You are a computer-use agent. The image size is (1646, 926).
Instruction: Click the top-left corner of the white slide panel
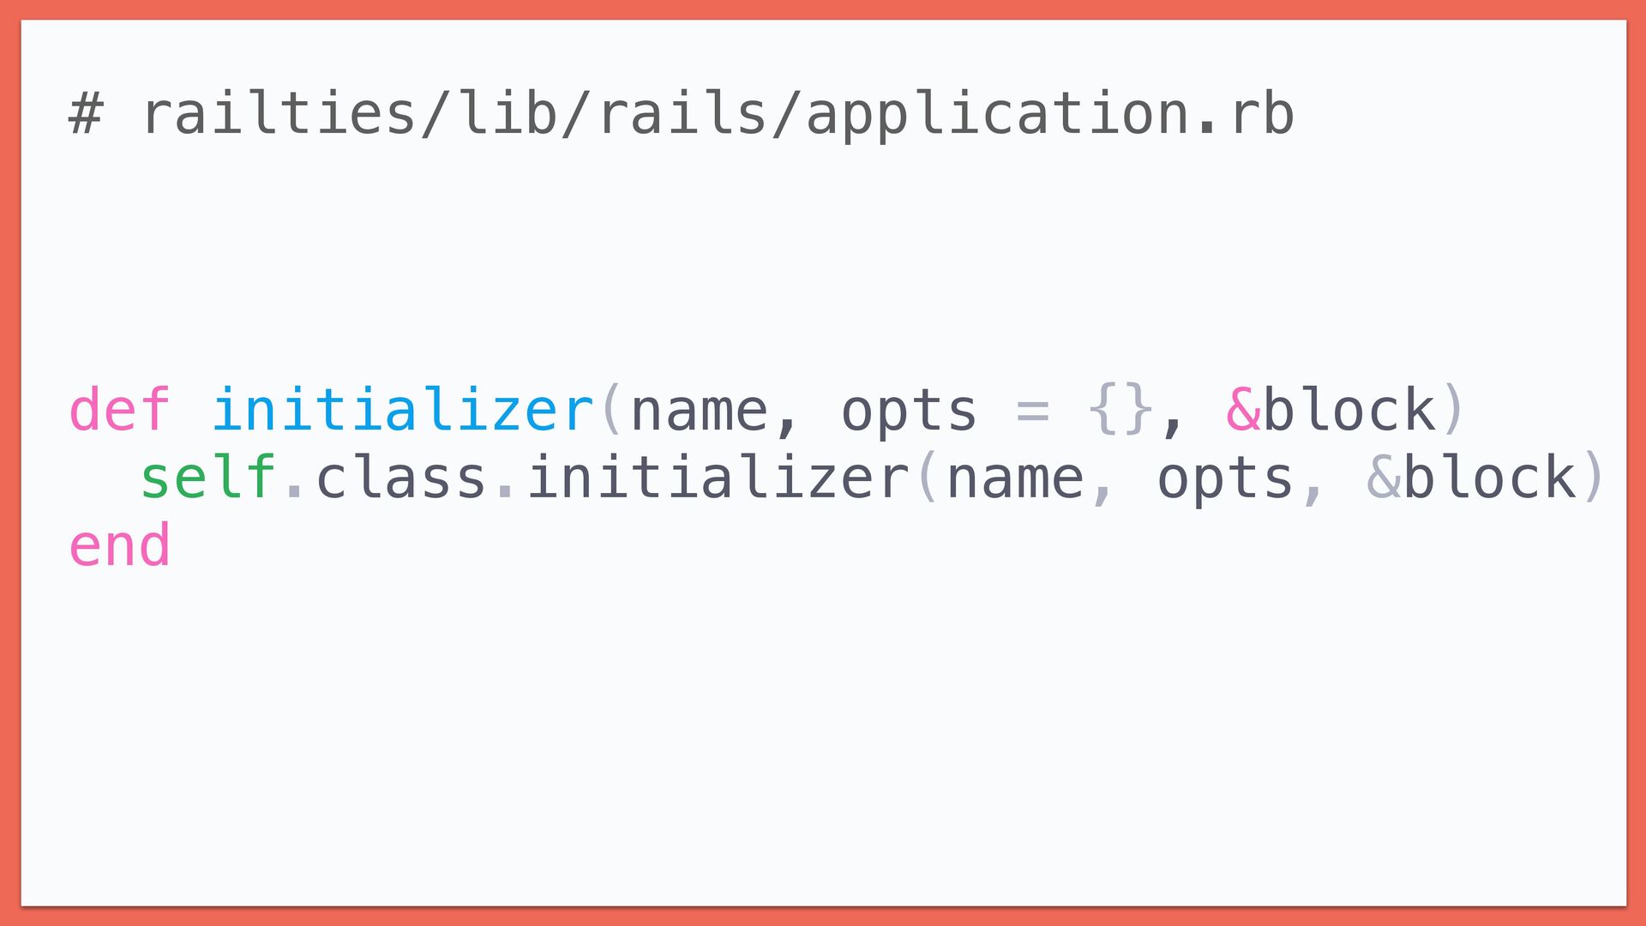click(x=21, y=21)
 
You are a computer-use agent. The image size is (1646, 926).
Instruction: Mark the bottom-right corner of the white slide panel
click(x=1626, y=905)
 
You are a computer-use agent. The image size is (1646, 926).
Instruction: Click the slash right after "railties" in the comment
click(x=436, y=115)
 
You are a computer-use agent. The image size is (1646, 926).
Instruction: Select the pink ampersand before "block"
click(x=1243, y=409)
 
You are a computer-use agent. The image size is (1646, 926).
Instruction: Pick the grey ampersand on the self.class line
click(x=1384, y=477)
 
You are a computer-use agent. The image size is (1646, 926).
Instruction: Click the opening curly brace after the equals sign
click(x=1103, y=409)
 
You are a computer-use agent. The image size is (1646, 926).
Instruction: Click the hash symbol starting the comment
click(x=86, y=115)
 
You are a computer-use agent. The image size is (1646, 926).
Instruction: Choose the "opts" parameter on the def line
click(x=909, y=412)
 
